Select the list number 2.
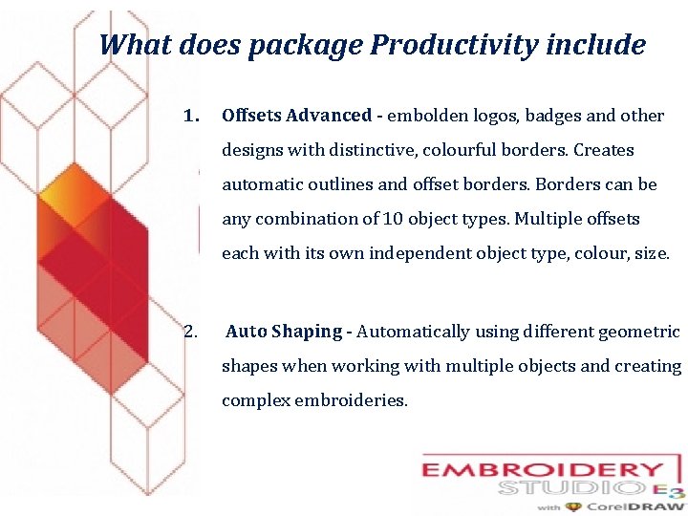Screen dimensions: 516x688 pos(191,332)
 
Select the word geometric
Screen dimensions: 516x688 pos(639,332)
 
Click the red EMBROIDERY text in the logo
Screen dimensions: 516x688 pos(543,471)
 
